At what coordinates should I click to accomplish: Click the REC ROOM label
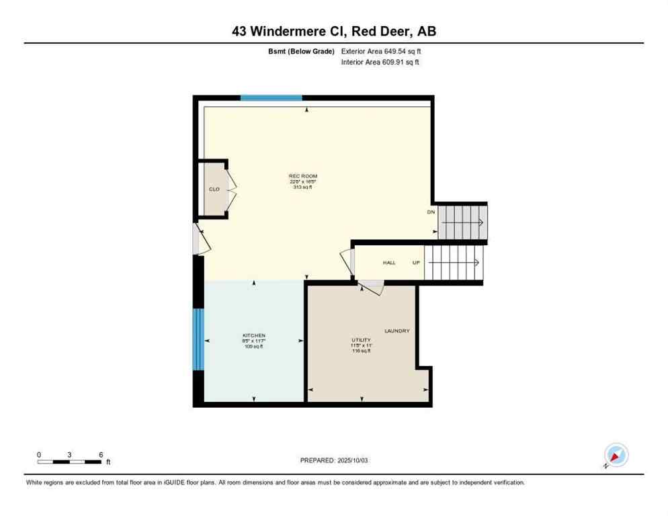303,176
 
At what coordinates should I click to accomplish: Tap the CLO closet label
214,189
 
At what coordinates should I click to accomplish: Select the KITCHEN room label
254,335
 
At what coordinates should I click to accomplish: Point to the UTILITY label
362,340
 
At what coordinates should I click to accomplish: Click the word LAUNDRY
396,331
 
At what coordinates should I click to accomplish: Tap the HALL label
389,262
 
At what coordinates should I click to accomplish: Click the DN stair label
431,212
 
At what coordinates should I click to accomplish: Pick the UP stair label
416,262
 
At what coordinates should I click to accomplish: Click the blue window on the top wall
271,98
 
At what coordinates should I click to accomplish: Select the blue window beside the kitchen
198,339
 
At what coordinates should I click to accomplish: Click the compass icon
615,455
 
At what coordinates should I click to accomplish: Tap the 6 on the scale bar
101,455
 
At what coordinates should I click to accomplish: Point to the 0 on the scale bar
39,455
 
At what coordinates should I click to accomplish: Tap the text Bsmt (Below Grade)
301,51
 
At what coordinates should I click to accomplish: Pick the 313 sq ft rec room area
303,187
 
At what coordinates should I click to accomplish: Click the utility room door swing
371,288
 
